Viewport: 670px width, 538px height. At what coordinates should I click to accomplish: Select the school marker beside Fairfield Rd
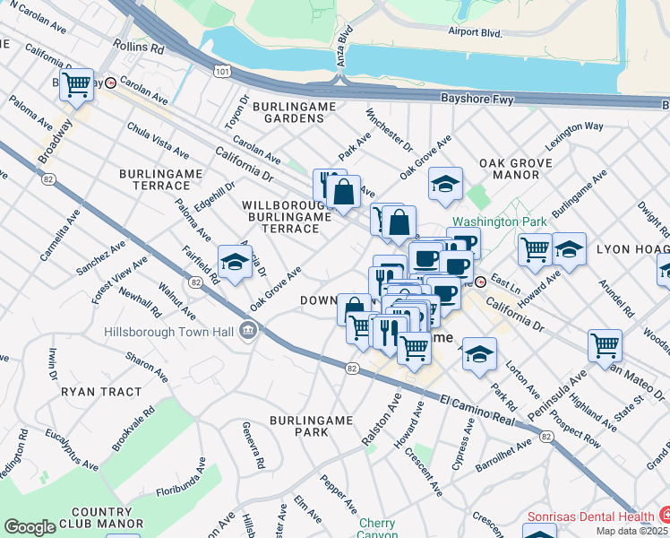234,262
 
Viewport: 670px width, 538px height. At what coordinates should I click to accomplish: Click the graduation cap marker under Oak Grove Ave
445,185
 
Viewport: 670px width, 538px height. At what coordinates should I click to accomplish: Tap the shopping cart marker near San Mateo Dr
605,345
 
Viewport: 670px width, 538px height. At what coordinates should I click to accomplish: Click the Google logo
30,527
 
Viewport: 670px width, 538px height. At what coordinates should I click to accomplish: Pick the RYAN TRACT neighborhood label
101,392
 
